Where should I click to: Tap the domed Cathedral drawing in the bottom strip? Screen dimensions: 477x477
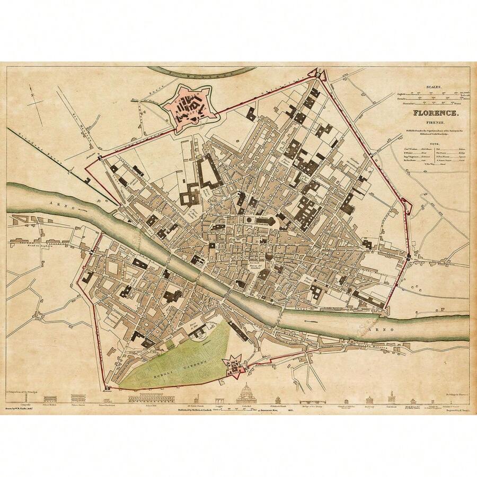(x=246, y=395)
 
